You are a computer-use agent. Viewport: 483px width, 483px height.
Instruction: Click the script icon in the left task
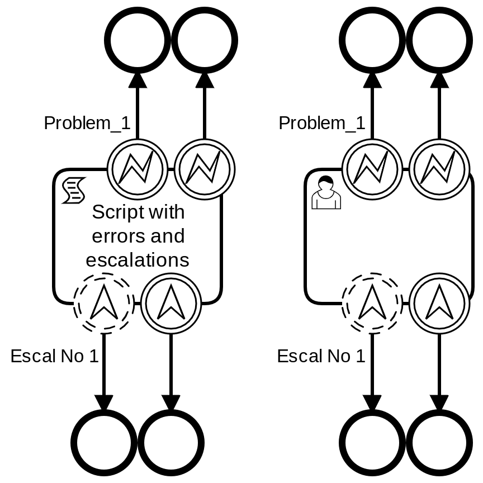pos(73,191)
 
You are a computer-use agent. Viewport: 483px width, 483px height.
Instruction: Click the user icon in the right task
pos(325,193)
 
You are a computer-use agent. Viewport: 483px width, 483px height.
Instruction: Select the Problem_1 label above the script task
pos(87,123)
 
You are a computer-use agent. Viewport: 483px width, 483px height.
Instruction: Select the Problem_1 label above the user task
pos(321,123)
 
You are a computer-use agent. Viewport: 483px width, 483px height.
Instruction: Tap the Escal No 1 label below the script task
pos(54,356)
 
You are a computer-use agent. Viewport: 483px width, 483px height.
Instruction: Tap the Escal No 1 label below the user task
pos(321,356)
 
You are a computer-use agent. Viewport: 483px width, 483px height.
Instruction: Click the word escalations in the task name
pos(138,260)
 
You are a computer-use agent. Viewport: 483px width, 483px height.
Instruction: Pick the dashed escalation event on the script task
pos(104,304)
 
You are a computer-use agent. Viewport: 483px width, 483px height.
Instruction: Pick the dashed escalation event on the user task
pos(372,304)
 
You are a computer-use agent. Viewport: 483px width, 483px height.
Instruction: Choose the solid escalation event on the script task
pos(171,304)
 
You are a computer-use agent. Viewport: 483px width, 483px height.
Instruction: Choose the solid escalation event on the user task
pos(439,304)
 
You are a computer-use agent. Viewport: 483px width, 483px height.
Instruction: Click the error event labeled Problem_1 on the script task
pos(138,169)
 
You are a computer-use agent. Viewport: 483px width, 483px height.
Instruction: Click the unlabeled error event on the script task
pos(205,169)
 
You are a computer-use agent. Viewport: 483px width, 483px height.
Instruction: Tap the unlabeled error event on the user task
pos(439,169)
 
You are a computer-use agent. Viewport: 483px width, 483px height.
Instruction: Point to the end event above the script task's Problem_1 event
pos(138,40)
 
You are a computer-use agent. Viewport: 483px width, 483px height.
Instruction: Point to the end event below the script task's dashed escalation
pos(104,443)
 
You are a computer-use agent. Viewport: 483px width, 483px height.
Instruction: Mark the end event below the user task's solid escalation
pos(439,443)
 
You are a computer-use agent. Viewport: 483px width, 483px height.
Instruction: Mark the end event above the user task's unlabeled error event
pos(439,40)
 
